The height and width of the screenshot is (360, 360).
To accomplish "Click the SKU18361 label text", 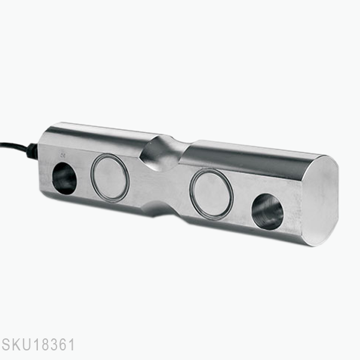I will (x=37, y=346).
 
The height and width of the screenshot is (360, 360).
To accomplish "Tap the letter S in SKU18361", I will (x=5, y=346).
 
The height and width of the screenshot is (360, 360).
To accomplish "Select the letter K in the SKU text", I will (x=15, y=346).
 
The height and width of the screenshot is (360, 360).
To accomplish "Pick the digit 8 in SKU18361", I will (x=43, y=346).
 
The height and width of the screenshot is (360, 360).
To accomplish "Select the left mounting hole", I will (x=65, y=178).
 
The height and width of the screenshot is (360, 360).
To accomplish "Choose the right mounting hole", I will (x=268, y=212).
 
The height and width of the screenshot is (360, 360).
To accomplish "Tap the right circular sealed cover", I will (x=211, y=193).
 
